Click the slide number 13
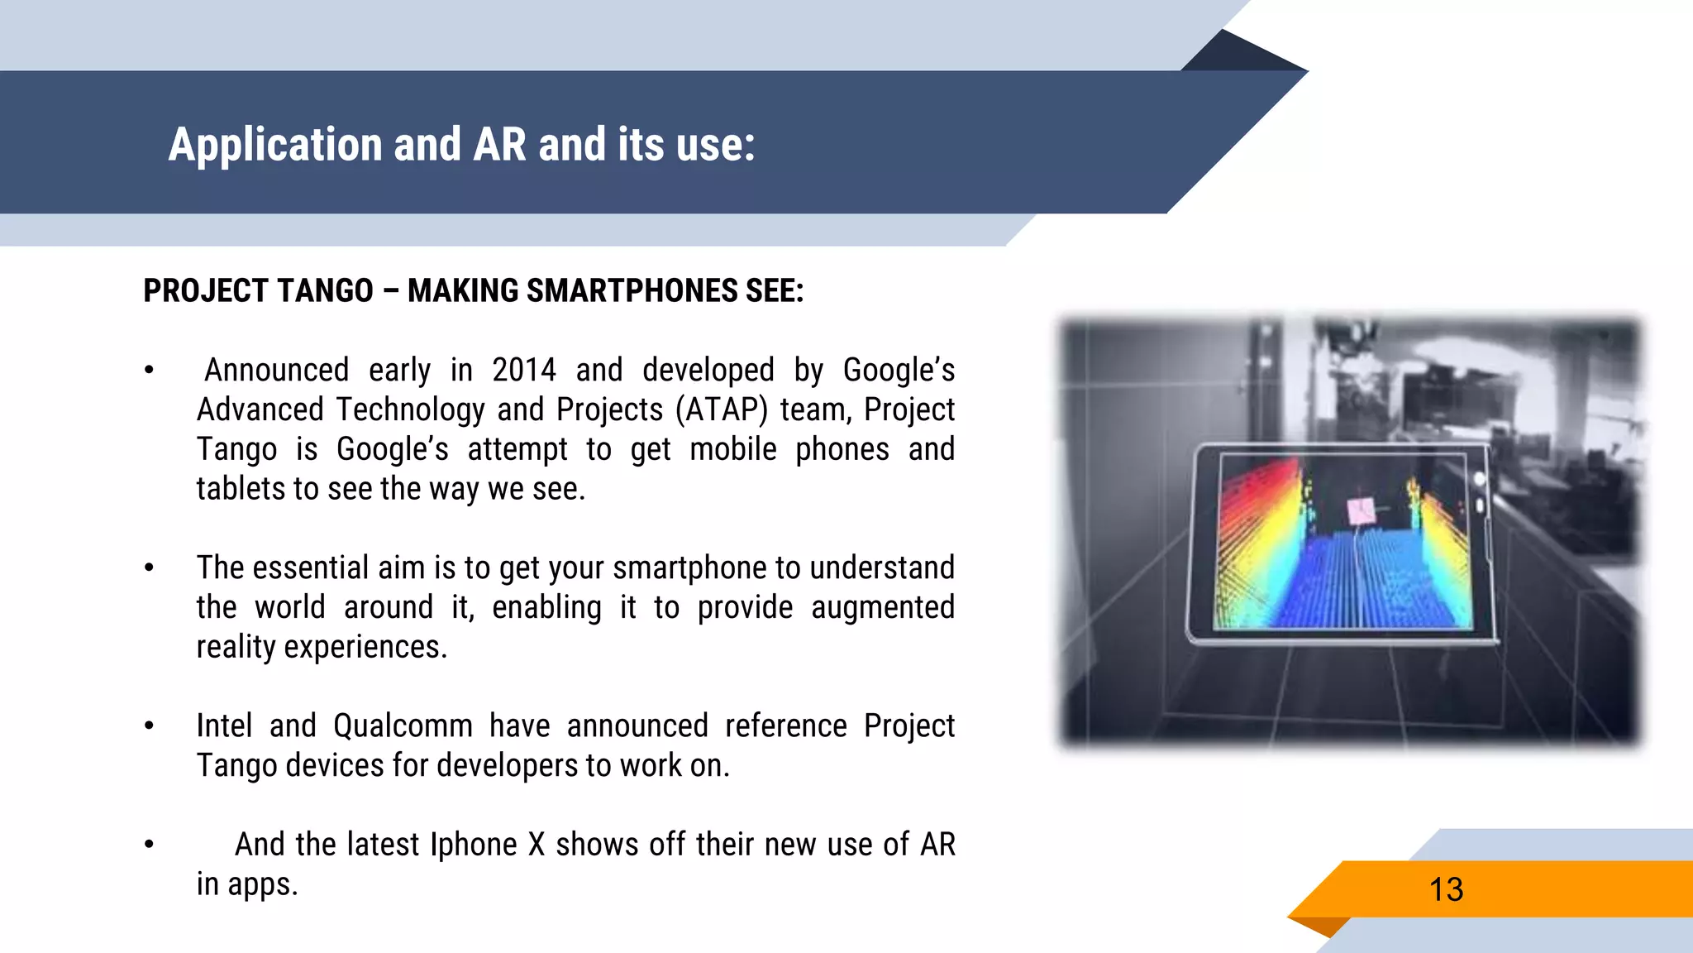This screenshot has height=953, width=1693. point(1446,890)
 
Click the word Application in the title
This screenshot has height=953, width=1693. point(274,145)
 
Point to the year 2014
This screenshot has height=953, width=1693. point(523,370)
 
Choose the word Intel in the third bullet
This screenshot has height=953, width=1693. point(223,726)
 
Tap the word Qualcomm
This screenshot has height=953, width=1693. point(403,726)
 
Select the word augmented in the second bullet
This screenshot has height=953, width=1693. point(882,607)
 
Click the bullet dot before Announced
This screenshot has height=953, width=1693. point(149,371)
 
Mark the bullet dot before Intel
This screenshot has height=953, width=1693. point(149,726)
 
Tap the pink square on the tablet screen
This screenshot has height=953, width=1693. point(1361,511)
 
